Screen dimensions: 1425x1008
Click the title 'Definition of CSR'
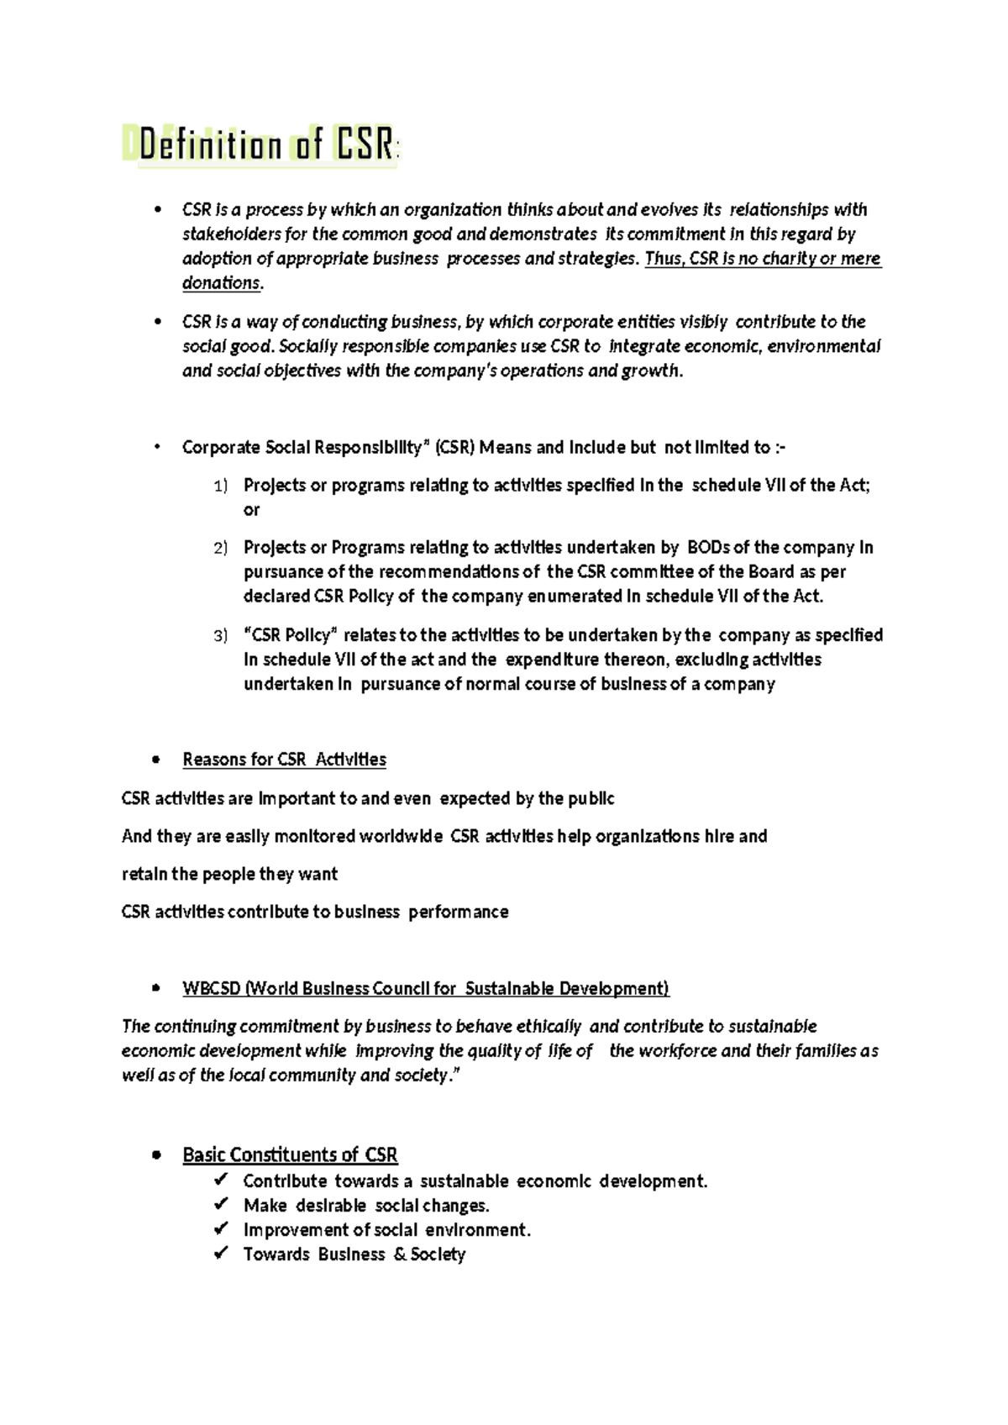click(x=267, y=146)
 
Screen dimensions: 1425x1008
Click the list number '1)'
click(x=220, y=486)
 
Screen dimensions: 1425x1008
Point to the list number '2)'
click(x=220, y=549)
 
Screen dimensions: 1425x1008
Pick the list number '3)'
click(x=220, y=636)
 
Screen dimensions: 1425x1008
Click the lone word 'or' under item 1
click(x=251, y=510)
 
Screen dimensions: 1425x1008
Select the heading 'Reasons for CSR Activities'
click(x=284, y=760)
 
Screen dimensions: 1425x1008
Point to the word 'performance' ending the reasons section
click(x=459, y=912)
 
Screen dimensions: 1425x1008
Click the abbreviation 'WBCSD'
click(x=212, y=989)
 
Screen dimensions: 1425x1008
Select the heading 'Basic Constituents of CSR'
click(x=290, y=1155)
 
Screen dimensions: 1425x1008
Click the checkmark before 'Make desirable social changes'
click(x=221, y=1205)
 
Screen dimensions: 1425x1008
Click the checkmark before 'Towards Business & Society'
click(x=221, y=1254)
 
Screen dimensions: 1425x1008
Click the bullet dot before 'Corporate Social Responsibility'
click(x=156, y=447)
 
